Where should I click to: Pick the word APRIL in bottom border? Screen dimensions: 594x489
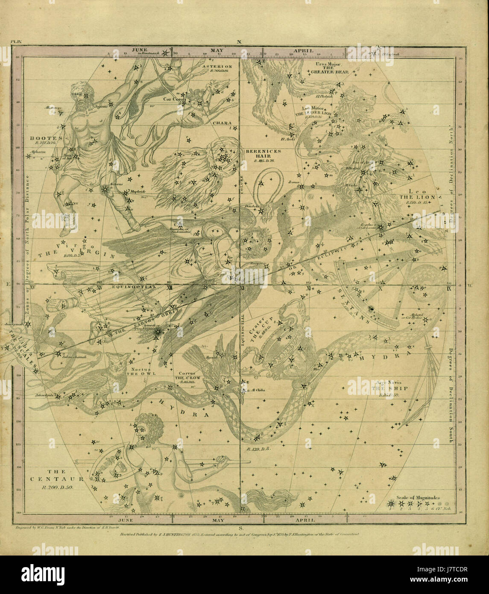coord(305,520)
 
